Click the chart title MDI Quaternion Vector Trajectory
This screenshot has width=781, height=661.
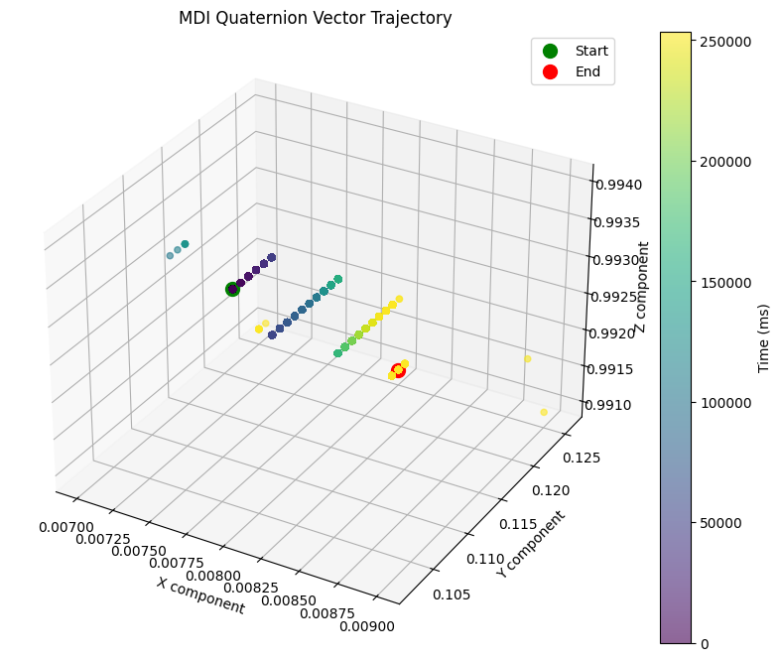(315, 18)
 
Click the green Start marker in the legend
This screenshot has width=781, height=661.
(551, 51)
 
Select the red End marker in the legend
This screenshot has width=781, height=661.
(551, 72)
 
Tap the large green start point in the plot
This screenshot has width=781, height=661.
(233, 289)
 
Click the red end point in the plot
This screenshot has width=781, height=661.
(399, 371)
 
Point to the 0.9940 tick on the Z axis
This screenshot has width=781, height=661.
(622, 185)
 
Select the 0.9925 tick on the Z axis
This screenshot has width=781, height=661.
(622, 296)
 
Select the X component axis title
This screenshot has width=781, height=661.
(199, 595)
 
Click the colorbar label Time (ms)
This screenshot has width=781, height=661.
(763, 337)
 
